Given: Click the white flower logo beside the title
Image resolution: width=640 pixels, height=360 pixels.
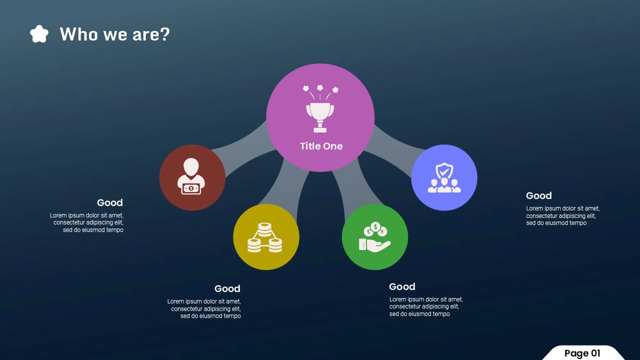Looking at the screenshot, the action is tap(39, 34).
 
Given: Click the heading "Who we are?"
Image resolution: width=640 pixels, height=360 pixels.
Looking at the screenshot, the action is tap(114, 34).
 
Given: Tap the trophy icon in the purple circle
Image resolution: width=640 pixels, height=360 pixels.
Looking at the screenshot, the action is tap(320, 108).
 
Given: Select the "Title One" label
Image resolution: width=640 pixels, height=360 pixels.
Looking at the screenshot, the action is tap(321, 146).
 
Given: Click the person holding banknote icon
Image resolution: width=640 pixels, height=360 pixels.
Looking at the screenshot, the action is tap(191, 176).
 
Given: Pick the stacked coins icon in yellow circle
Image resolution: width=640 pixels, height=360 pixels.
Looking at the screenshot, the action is tap(265, 237).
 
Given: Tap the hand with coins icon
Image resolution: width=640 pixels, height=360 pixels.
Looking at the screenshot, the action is tap(374, 237).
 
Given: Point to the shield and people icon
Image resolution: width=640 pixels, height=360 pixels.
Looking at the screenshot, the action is tap(444, 177).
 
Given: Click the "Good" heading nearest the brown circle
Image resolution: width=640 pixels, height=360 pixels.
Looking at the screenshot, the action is tap(110, 202).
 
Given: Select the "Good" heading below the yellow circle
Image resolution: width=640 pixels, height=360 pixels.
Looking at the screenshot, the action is tap(227, 288).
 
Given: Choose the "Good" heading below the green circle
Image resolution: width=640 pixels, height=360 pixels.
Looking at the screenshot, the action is tap(402, 286).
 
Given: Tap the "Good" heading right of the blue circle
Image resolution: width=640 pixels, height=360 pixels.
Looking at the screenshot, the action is tap(539, 195).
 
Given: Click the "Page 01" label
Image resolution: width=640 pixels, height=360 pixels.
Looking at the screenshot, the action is tap(582, 353).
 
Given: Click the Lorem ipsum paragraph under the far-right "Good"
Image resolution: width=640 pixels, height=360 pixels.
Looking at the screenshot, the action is tap(563, 215).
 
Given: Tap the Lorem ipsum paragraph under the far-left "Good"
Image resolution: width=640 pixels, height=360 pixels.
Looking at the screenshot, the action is tap(86, 222).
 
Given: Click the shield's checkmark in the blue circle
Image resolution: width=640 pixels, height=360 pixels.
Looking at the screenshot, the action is tap(444, 171).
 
